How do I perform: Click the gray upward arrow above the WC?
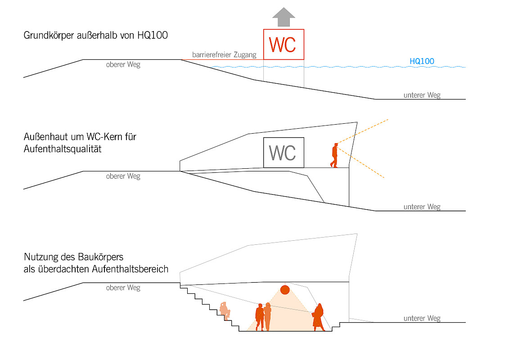point(284,17)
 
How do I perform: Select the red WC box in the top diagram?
point(284,44)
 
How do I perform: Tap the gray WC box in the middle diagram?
point(284,153)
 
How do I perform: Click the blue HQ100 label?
point(422,61)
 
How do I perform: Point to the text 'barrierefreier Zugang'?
point(224,55)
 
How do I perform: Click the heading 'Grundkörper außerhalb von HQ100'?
point(95,35)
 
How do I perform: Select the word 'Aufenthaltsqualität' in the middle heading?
point(63,148)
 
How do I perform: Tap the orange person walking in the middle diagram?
point(334,155)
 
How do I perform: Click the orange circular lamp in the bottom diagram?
point(284,289)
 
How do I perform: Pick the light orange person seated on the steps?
point(225,310)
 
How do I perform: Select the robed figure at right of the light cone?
point(319,317)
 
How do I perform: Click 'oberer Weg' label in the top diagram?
point(123,65)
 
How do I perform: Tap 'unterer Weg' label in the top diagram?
point(422,95)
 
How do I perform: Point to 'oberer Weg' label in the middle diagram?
point(123,176)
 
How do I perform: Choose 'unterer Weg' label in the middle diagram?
point(422,207)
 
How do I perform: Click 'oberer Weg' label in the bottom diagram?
point(123,288)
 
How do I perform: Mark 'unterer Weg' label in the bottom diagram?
point(422,318)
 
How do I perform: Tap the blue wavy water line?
point(338,67)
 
